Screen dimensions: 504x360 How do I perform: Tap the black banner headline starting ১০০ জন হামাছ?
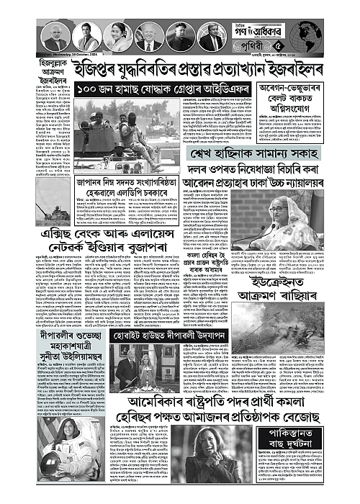[156, 92]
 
